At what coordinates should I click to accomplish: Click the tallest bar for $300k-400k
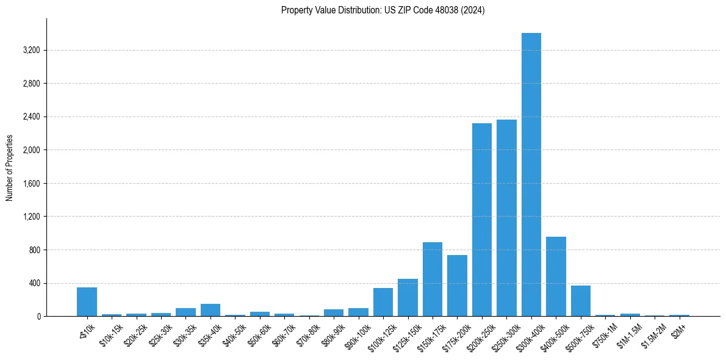click(531, 175)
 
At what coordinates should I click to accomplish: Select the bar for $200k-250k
click(481, 220)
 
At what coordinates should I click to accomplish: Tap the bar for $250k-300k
click(506, 218)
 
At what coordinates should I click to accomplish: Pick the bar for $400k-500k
click(556, 276)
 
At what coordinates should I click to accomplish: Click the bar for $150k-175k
click(432, 279)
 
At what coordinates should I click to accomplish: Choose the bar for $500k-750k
click(580, 301)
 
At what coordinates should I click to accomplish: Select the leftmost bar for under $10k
click(87, 301)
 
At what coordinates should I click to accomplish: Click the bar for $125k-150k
click(408, 298)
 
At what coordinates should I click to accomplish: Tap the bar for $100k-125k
click(383, 302)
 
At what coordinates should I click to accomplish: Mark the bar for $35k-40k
click(210, 310)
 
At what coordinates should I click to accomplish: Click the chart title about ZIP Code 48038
click(383, 10)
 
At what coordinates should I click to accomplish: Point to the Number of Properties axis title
click(10, 167)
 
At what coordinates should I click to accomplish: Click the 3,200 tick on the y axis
click(31, 50)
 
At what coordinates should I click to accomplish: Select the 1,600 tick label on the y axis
click(31, 183)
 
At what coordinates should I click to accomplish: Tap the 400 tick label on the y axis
click(34, 283)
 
